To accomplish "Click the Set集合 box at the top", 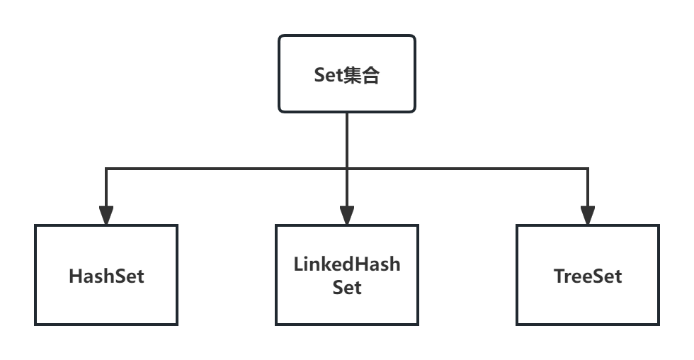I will click(x=346, y=74).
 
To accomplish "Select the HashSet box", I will click(x=106, y=275).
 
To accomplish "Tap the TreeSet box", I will click(x=588, y=275).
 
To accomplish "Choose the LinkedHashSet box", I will click(x=347, y=275).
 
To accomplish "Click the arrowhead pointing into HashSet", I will click(x=106, y=215).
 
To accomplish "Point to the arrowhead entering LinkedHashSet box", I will click(x=347, y=215).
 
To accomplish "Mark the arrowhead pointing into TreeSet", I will click(x=588, y=215).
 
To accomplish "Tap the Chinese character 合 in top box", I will click(x=371, y=75).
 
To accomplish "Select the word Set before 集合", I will click(x=329, y=76).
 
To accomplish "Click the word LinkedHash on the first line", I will click(x=347, y=264).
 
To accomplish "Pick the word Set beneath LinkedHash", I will click(x=347, y=288).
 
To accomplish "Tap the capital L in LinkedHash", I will click(x=298, y=264).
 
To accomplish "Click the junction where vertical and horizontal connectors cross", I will click(x=347, y=169).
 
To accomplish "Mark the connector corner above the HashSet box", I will click(x=106, y=169).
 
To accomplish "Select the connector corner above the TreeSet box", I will click(x=588, y=169).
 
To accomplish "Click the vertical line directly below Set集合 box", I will click(x=347, y=138).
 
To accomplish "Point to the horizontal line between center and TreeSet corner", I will click(x=467, y=169).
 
